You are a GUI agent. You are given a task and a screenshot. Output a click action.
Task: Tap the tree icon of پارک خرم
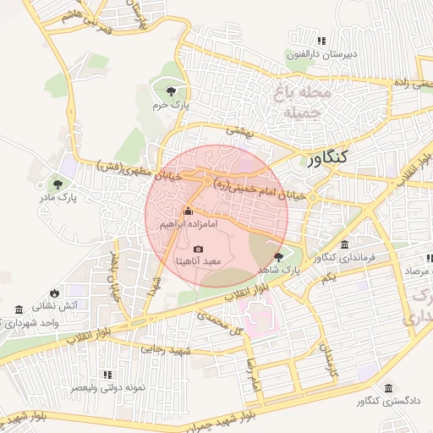pos(172,90)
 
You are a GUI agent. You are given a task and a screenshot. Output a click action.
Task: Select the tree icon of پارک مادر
pos(58,184)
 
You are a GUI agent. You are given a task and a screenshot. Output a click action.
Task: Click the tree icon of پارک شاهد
pos(279,256)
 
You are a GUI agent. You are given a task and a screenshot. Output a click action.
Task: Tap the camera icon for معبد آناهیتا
pos(198,249)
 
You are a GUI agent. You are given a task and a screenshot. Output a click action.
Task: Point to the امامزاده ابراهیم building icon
pos(188,211)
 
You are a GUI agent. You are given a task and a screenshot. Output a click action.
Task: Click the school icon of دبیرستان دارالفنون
pos(321,41)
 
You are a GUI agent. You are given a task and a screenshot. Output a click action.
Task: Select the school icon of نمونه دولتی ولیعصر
pos(107,374)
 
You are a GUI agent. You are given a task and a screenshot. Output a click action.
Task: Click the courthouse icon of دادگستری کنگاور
pos(387,387)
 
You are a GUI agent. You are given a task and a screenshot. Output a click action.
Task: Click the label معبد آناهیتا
pos(198,262)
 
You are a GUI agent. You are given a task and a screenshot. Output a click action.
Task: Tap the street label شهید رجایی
pos(167,348)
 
